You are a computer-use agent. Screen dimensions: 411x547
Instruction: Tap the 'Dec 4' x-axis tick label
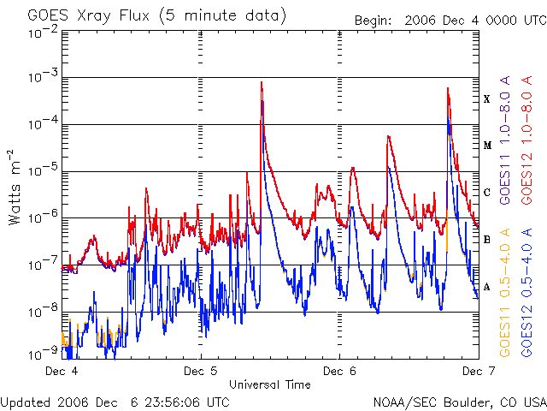[62, 372]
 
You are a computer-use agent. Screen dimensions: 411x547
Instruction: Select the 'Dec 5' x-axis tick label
[200, 372]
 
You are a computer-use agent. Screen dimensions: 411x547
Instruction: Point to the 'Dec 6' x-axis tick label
[339, 372]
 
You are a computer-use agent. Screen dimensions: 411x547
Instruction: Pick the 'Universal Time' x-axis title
[269, 384]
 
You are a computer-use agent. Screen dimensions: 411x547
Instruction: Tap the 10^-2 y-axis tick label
[42, 31]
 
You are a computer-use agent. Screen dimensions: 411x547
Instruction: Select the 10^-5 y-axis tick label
[42, 170]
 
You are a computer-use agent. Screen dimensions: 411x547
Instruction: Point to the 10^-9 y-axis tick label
[42, 352]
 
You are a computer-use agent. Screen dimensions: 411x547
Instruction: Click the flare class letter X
[487, 99]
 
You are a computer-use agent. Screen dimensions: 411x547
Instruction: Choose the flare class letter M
[487, 146]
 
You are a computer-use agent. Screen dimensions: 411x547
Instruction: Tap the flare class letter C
[487, 193]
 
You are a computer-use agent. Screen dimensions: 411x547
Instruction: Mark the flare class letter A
[487, 287]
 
